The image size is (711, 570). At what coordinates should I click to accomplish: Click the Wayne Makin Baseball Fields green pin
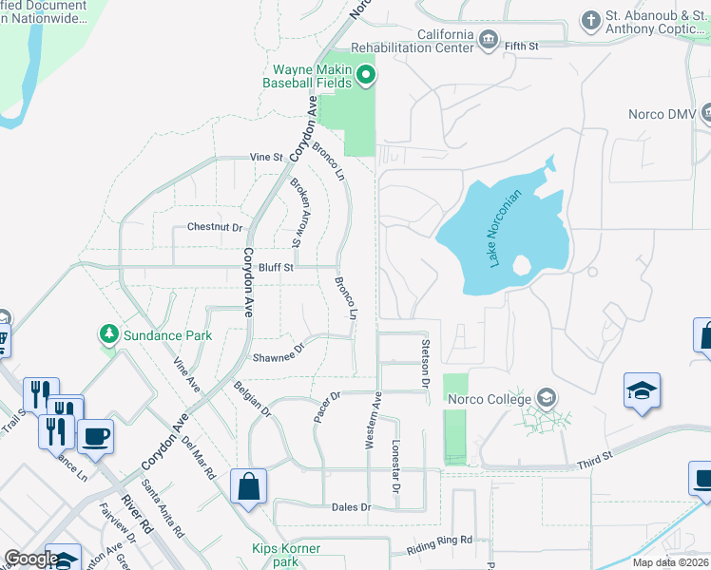(366, 76)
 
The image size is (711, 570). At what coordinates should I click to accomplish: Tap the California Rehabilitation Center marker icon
(490, 39)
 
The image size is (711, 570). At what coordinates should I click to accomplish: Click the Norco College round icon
(546, 397)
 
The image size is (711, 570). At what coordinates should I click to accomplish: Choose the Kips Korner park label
(286, 556)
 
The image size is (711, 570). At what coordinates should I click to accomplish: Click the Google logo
(31, 559)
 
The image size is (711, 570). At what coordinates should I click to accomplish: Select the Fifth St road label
(548, 45)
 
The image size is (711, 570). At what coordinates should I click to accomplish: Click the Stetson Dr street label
(426, 362)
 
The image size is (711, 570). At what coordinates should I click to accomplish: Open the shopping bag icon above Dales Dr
(248, 487)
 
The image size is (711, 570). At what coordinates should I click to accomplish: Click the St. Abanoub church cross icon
(590, 20)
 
